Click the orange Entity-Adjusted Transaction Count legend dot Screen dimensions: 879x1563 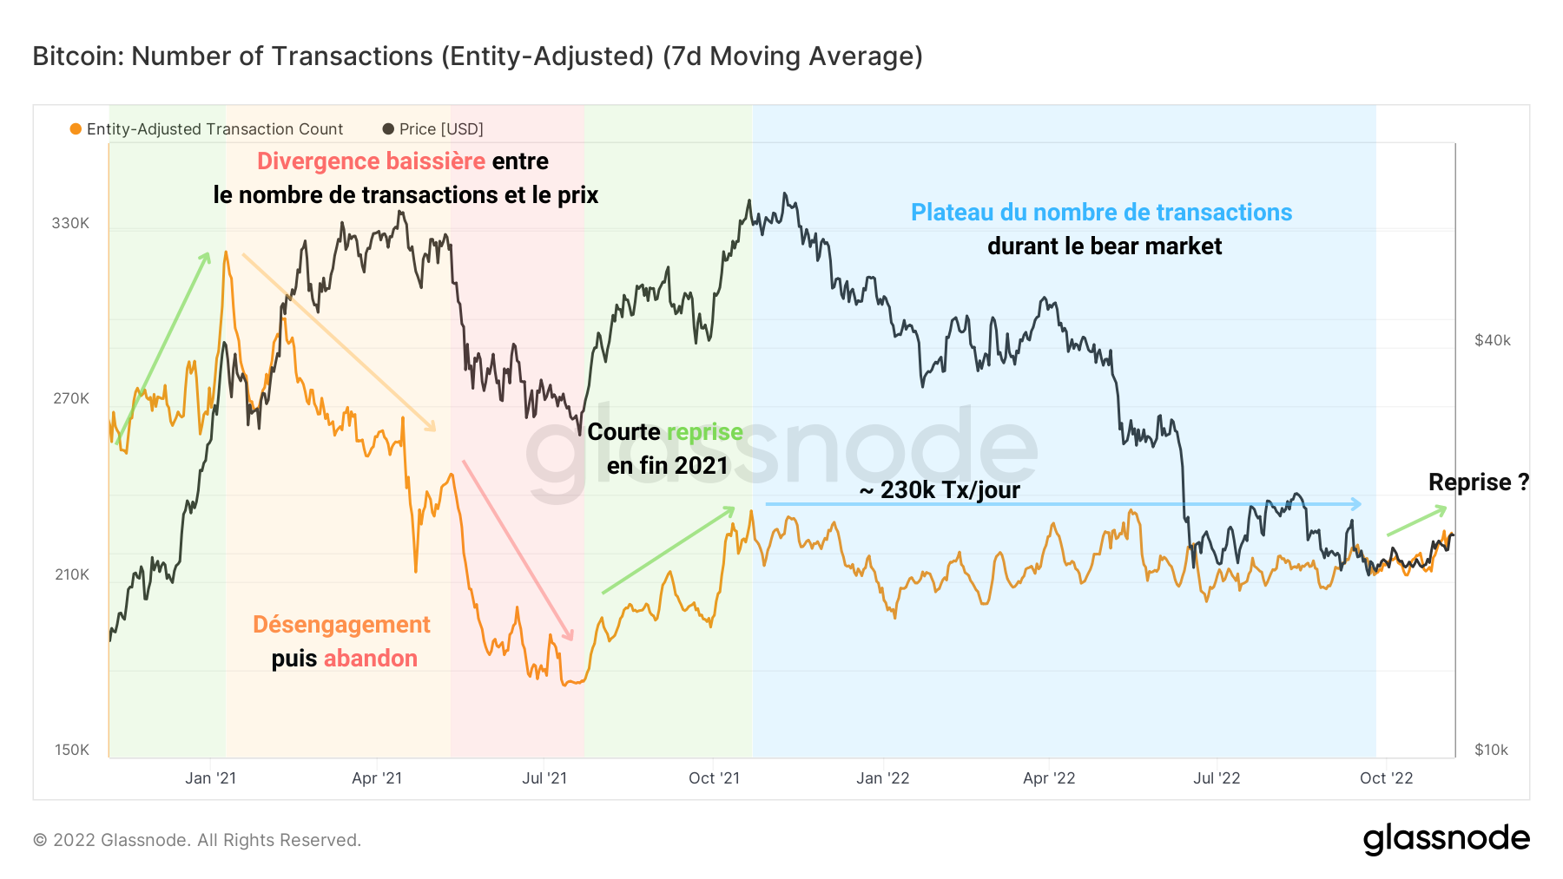click(x=76, y=129)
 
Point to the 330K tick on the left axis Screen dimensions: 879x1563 click(x=70, y=223)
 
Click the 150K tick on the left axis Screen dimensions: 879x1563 click(x=71, y=750)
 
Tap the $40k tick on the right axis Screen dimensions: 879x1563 click(x=1492, y=340)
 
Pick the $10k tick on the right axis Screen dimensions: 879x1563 click(x=1491, y=750)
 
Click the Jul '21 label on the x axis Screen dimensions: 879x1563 click(x=544, y=778)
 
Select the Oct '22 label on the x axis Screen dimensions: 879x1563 click(x=1386, y=778)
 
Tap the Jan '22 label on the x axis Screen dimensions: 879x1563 click(x=882, y=778)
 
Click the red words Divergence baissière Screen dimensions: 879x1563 click(x=371, y=161)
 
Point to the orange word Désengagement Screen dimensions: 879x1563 click(x=341, y=625)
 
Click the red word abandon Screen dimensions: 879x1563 click(x=371, y=659)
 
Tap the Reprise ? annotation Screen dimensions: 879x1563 click(x=1478, y=482)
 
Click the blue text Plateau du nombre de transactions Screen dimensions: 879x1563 click(x=1101, y=213)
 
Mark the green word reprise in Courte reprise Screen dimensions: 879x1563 click(x=704, y=432)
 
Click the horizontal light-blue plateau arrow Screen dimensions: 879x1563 click(x=1063, y=504)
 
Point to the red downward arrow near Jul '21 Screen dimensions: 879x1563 click(x=518, y=550)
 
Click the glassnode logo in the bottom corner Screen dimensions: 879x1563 click(x=1446, y=839)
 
